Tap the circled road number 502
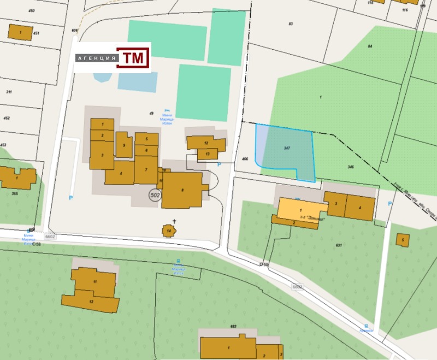(155, 194)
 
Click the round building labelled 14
(169, 231)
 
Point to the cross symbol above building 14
(174, 221)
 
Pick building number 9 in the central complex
(125, 145)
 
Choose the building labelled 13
(208, 155)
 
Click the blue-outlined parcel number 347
(287, 149)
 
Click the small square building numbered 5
(403, 239)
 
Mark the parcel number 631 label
(338, 245)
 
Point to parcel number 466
(245, 159)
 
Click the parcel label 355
(14, 193)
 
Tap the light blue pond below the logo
(137, 82)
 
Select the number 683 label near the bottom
(233, 326)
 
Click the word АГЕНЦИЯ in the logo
(97, 58)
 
